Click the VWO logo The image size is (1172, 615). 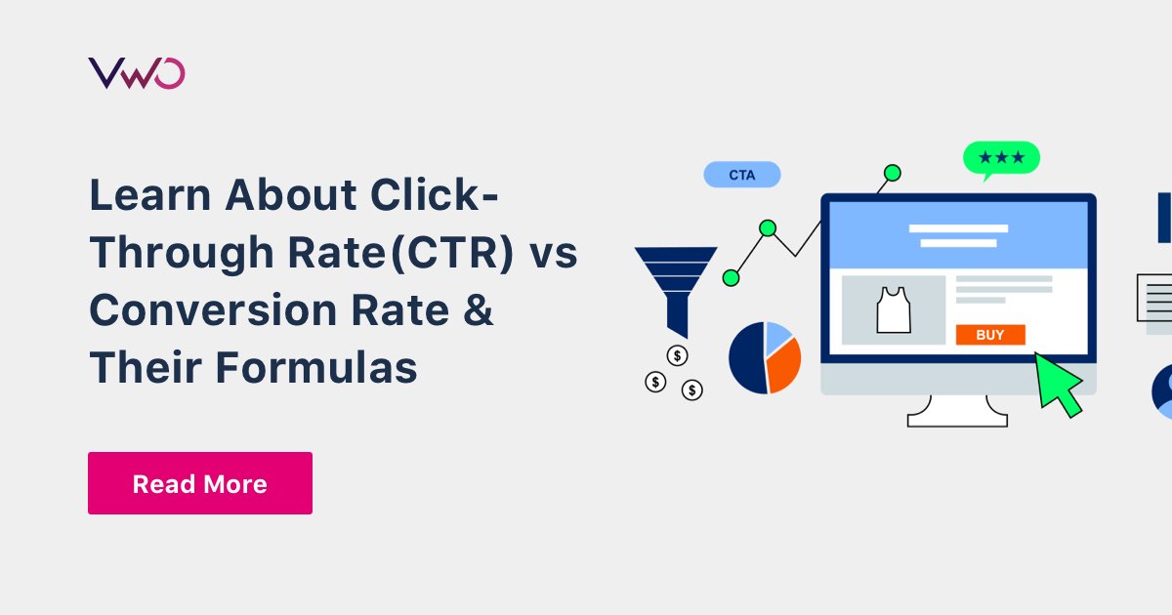click(x=137, y=73)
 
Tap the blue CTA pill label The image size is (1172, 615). click(x=742, y=175)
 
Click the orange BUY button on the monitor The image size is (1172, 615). click(x=990, y=335)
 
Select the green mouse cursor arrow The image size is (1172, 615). click(x=1056, y=385)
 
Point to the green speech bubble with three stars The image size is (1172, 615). click(x=1001, y=158)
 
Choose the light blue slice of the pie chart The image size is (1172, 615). click(x=776, y=338)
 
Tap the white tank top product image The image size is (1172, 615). click(x=894, y=309)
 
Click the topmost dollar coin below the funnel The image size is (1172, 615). click(x=677, y=356)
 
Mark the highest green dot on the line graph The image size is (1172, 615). click(x=892, y=173)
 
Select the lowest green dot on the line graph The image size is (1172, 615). click(x=731, y=277)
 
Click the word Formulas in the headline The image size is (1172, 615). click(x=316, y=368)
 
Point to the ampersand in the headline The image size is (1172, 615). click(x=479, y=309)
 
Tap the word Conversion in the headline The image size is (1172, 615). click(x=214, y=309)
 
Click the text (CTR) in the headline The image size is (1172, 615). click(x=452, y=253)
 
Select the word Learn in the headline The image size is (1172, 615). click(x=150, y=194)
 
